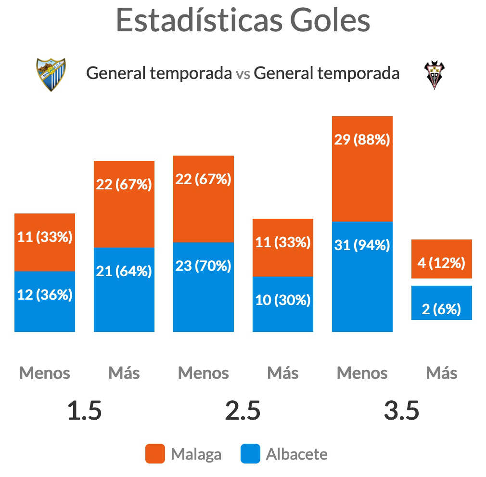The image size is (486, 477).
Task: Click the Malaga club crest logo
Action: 51,75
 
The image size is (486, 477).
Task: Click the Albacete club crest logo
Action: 434,75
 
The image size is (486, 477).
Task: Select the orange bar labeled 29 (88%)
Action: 362,169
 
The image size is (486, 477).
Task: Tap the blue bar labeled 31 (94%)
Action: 362,277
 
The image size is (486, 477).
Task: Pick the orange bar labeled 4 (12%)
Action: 441,259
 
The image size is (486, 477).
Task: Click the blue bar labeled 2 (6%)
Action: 441,303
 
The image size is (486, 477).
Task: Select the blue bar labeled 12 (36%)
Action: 45,301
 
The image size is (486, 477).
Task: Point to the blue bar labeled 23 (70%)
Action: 204,287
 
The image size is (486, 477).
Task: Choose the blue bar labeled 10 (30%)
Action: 282,304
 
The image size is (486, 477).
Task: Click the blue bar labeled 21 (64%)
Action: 124,290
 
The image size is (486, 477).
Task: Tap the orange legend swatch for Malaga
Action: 155,454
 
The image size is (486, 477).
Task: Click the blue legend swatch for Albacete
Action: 250,454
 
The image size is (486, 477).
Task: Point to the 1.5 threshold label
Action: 84,411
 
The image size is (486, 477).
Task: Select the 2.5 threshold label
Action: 243,411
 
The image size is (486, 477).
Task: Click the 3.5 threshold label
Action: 401,411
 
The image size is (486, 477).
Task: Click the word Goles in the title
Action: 330,21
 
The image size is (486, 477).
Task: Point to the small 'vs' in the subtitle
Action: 243,75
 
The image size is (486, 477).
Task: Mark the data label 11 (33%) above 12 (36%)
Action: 45,237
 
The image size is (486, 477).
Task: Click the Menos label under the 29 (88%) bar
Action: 362,373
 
